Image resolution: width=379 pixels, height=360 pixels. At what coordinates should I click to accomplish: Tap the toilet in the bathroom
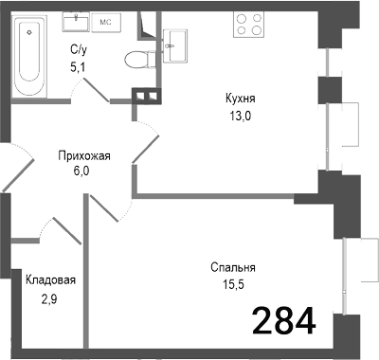[138, 58]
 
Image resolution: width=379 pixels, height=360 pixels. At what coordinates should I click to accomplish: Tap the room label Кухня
[240, 98]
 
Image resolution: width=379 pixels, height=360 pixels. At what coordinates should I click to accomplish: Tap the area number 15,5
[233, 284]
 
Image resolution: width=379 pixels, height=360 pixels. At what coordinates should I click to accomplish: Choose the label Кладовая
[50, 280]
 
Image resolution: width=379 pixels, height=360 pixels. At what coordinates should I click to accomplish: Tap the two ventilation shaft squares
[145, 95]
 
